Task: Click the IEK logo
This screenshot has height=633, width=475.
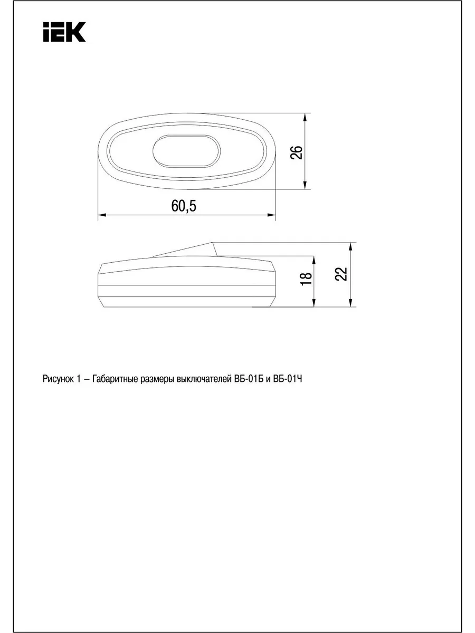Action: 64,32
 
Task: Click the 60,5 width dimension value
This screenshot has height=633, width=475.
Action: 184,206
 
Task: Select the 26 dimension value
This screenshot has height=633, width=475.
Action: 297,152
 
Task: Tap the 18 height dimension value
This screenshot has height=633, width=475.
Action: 306,279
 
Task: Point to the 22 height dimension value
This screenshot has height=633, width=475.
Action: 341,274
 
